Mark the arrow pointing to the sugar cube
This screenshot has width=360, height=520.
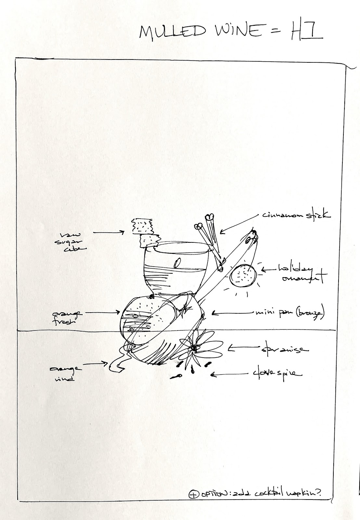click(109, 232)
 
